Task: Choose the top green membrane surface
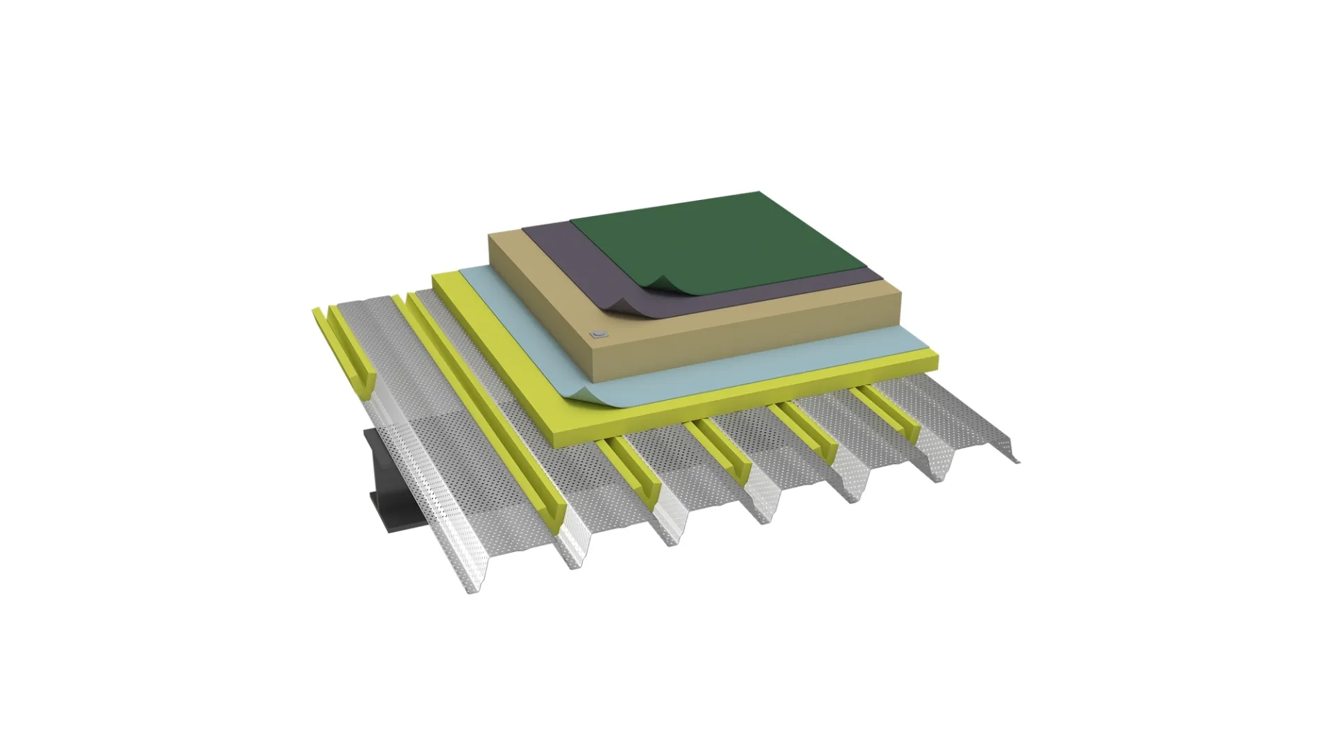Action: coord(715,236)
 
